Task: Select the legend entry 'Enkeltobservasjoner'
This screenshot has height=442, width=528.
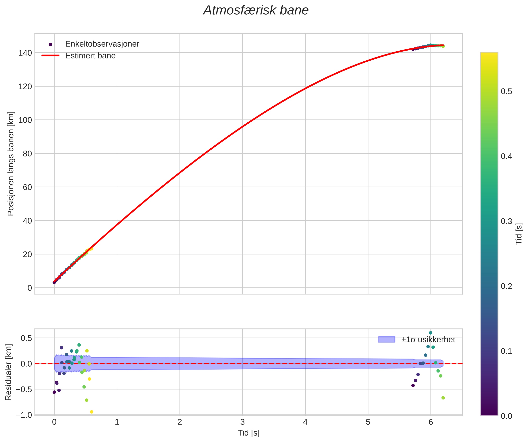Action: tap(102, 44)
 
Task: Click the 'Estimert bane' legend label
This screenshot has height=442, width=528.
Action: tap(90, 56)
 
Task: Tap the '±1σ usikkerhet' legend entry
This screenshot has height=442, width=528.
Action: tap(428, 340)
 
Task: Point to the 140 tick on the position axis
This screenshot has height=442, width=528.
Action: tap(25, 53)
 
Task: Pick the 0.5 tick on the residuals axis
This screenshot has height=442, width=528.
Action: tap(26, 338)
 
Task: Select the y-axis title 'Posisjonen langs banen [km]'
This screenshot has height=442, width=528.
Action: tap(11, 164)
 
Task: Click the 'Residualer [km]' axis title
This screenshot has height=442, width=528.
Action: tap(8, 372)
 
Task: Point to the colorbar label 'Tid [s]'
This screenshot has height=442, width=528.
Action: tap(519, 234)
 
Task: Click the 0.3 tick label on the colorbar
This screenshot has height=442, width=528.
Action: tap(506, 221)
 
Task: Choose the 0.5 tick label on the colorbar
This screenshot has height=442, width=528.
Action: tap(506, 92)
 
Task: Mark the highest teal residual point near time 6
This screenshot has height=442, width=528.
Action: tap(430, 333)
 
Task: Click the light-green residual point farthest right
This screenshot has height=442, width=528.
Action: tap(443, 398)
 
